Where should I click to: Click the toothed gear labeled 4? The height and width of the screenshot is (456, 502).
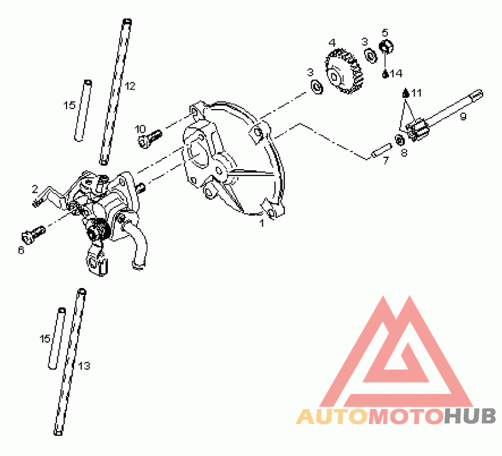pyautogui.click(x=344, y=71)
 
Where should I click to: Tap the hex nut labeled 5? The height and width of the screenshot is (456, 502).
pyautogui.click(x=386, y=46)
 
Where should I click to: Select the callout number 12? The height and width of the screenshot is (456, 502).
pyautogui.click(x=130, y=86)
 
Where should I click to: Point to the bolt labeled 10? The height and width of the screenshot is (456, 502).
pyautogui.click(x=149, y=138)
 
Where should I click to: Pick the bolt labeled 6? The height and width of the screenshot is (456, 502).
pyautogui.click(x=33, y=235)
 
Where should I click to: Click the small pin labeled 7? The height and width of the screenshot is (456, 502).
pyautogui.click(x=381, y=150)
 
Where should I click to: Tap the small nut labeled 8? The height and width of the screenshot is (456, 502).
pyautogui.click(x=399, y=140)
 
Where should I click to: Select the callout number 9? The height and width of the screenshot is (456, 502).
pyautogui.click(x=463, y=117)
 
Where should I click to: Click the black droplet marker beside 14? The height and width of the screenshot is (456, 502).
pyautogui.click(x=385, y=74)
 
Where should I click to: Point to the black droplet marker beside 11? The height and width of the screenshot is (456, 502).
pyautogui.click(x=405, y=93)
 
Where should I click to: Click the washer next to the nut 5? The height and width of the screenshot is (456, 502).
pyautogui.click(x=371, y=55)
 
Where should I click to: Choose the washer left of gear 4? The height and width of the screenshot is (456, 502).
pyautogui.click(x=316, y=86)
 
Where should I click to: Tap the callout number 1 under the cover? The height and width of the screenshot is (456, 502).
pyautogui.click(x=262, y=223)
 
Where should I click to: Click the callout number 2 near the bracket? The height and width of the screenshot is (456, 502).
pyautogui.click(x=35, y=189)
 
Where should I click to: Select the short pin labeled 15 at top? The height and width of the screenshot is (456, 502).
pyautogui.click(x=83, y=111)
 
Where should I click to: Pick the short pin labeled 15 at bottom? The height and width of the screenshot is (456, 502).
pyautogui.click(x=57, y=339)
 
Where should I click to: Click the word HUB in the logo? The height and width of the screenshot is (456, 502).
pyautogui.click(x=470, y=417)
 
